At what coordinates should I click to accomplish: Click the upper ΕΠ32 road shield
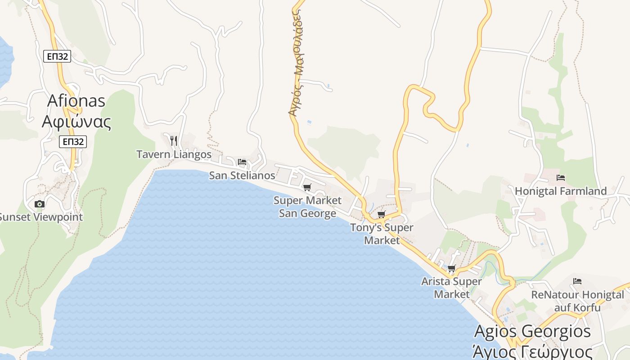point(57,56)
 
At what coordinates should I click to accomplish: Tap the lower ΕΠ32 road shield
point(72,141)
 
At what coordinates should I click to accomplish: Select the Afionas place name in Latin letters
point(76,100)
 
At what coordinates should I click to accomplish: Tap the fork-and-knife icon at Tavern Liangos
point(174,141)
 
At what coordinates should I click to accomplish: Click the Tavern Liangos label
point(174,154)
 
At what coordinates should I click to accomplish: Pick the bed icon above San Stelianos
point(242,162)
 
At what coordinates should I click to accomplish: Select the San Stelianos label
point(242,175)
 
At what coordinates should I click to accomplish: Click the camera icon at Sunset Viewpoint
point(40,204)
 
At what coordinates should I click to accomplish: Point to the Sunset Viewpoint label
point(40,217)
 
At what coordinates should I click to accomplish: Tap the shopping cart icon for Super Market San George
point(307,187)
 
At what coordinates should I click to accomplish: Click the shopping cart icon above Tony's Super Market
point(382,214)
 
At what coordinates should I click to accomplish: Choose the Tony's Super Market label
point(382,234)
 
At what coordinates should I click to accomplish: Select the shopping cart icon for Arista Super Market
point(451,269)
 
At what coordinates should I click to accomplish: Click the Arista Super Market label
point(451,288)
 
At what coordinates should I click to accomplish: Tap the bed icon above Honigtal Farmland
point(561,178)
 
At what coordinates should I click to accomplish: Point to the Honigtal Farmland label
point(561,191)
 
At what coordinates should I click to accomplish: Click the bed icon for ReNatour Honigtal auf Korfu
point(577,282)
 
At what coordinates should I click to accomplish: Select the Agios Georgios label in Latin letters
point(532,332)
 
